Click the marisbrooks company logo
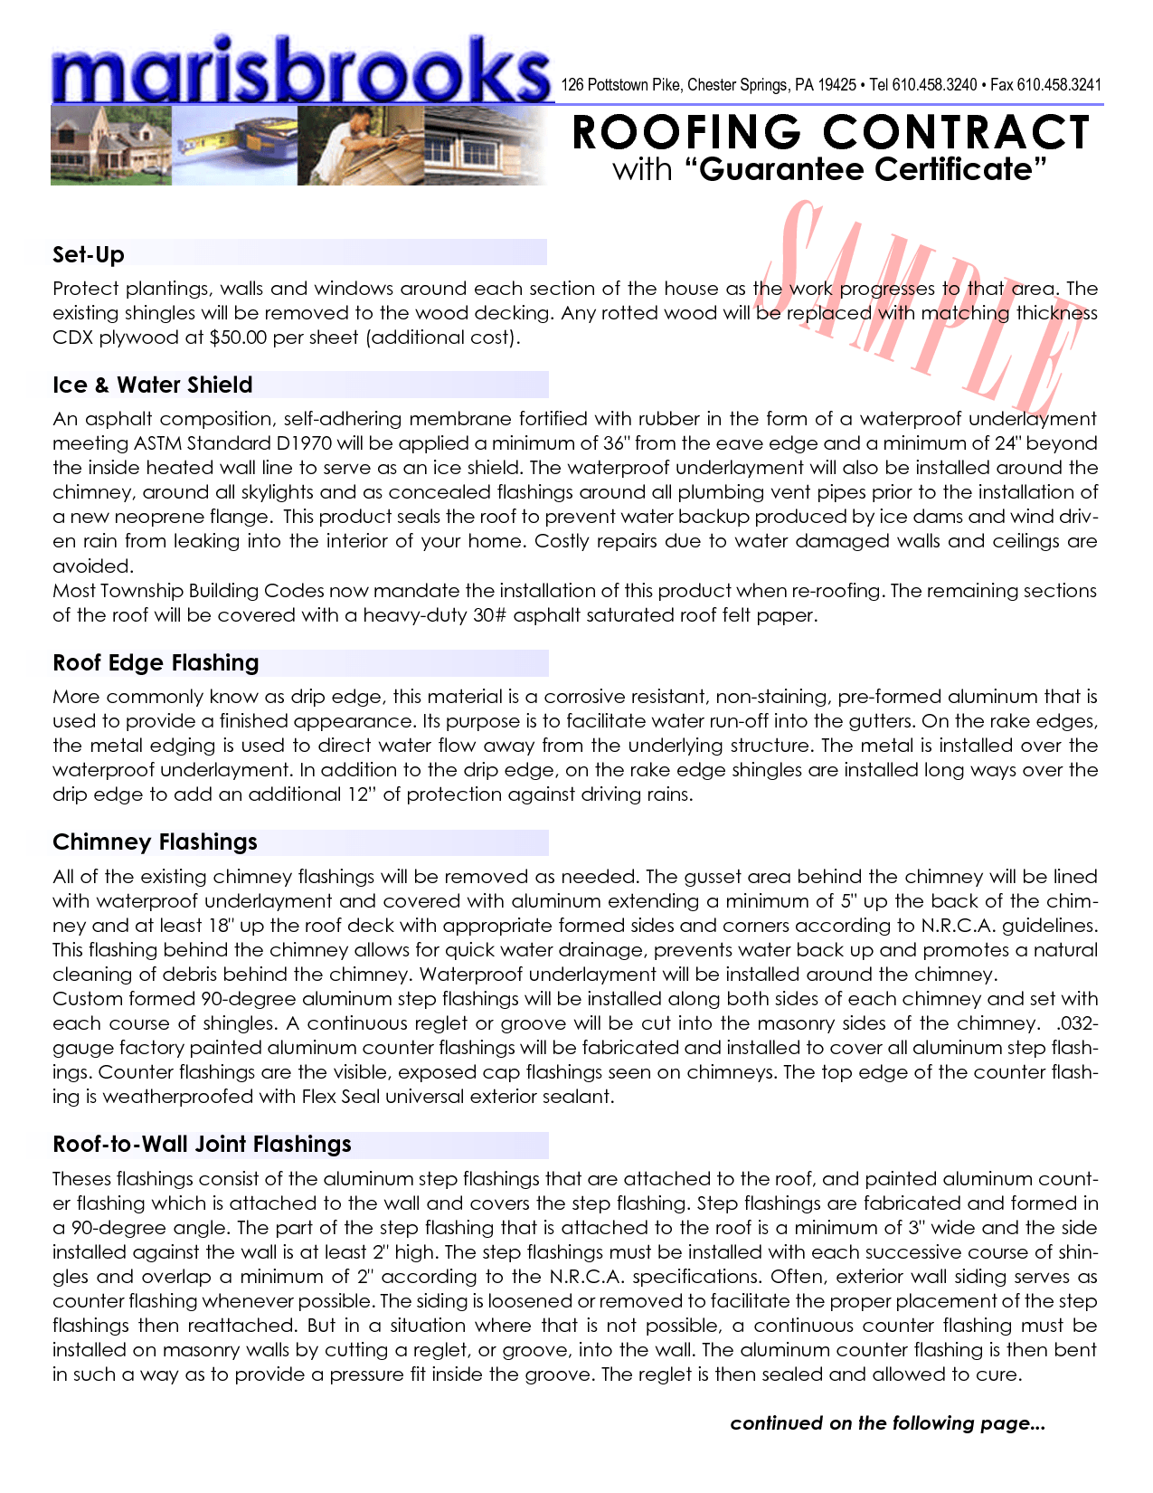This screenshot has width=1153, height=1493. click(x=301, y=71)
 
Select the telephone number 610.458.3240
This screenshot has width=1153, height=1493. click(x=934, y=85)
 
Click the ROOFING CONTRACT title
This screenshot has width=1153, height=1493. click(x=830, y=132)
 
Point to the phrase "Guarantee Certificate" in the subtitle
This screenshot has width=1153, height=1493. click(x=873, y=169)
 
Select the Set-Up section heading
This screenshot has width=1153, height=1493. click(x=89, y=254)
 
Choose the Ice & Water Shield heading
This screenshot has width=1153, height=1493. click(x=152, y=385)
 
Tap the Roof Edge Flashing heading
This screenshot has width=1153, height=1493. click(x=156, y=662)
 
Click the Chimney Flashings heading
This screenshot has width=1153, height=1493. click(x=155, y=842)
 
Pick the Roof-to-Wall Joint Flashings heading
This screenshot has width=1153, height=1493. click(x=202, y=1144)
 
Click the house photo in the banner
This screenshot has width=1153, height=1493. click(x=109, y=147)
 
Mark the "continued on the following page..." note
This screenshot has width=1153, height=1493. click(x=887, y=1423)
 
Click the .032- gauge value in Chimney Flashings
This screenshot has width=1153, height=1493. click(x=1076, y=1023)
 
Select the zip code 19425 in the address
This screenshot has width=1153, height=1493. click(x=836, y=85)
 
